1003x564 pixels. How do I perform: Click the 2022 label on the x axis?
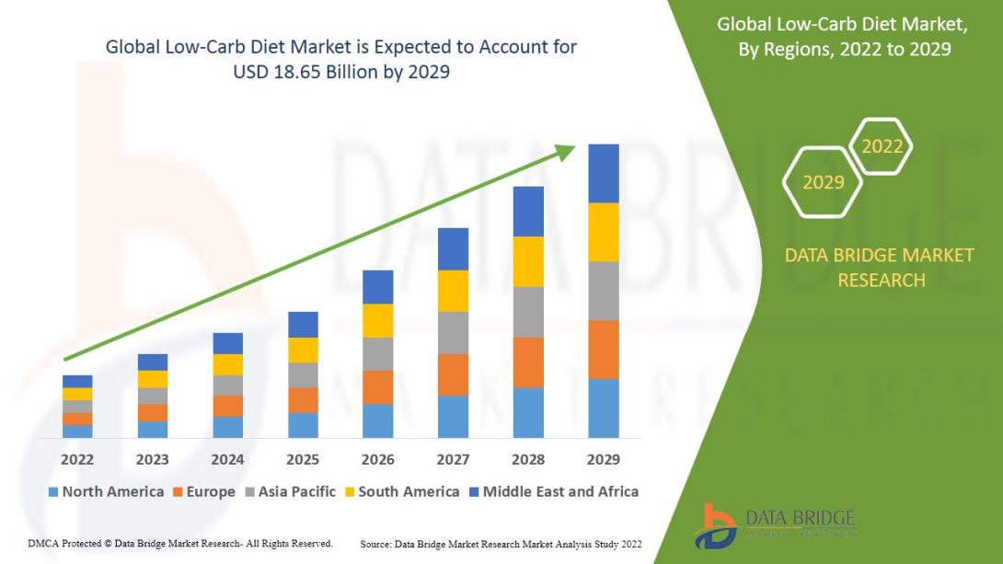tap(77, 459)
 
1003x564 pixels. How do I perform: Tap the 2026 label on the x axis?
tap(378, 459)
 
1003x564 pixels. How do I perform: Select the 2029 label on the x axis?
tap(604, 459)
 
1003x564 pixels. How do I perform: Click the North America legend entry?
tap(105, 491)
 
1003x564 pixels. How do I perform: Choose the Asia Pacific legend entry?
tap(289, 491)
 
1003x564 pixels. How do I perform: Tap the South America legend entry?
tap(400, 491)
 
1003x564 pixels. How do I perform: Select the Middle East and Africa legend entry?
tap(552, 491)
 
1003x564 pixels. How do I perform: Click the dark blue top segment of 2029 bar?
tap(604, 173)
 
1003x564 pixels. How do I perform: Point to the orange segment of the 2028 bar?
tap(528, 363)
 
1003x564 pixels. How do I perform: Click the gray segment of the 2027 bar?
tap(453, 332)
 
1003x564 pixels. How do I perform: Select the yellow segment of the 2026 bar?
tap(378, 320)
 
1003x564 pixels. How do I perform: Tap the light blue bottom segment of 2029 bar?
tap(604, 408)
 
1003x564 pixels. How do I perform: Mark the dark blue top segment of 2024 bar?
tap(227, 343)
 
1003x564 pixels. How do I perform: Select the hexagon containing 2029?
tap(823, 182)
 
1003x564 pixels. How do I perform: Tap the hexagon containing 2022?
tap(882, 145)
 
